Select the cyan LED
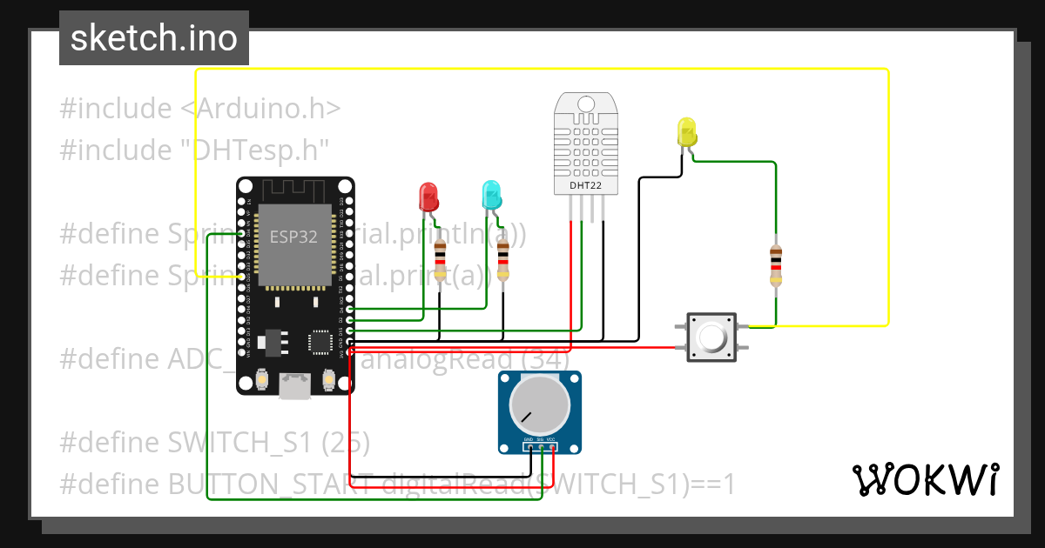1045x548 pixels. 492,193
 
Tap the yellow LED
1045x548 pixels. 686,132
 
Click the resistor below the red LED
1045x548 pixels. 440,258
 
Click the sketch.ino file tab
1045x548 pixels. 154,38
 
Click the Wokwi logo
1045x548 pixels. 924,479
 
